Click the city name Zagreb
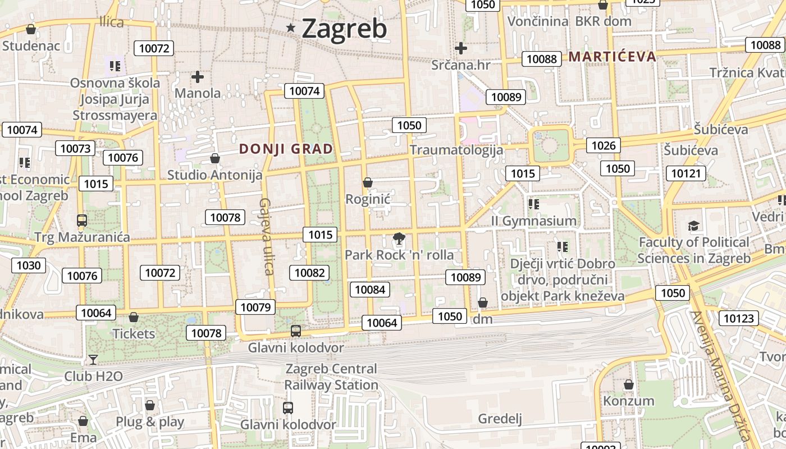tap(344, 29)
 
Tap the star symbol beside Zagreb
tap(291, 28)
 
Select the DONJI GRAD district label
tap(286, 149)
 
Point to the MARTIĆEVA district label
tap(612, 57)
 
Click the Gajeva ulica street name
tap(266, 236)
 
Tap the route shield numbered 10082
tap(309, 273)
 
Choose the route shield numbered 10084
tap(370, 290)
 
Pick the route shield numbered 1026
tap(604, 146)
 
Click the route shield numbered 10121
tap(686, 173)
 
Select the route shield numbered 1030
tap(29, 265)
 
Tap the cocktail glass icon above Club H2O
tap(93, 359)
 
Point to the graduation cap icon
tap(694, 226)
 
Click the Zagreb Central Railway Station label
tap(331, 377)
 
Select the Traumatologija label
tap(456, 150)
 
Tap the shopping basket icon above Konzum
tap(629, 384)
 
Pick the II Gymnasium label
tap(533, 221)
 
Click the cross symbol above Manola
tap(198, 77)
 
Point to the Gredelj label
tap(500, 419)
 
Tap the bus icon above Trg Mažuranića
tap(82, 221)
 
